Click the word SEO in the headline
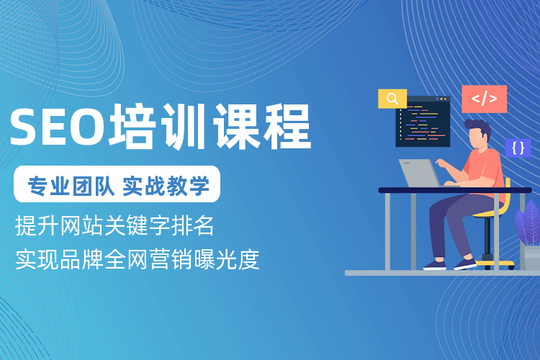click(57, 126)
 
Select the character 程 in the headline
click(287, 126)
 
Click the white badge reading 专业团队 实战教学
click(117, 184)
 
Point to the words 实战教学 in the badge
click(166, 185)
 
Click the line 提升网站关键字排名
click(114, 225)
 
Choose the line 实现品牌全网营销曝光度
click(137, 259)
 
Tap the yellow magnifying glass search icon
click(392, 99)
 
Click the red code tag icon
click(485, 99)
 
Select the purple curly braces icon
click(518, 148)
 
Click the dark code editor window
click(423, 122)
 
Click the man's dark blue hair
click(479, 127)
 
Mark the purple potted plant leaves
click(528, 223)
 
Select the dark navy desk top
click(455, 190)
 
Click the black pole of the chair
click(487, 237)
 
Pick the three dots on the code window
click(441, 99)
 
